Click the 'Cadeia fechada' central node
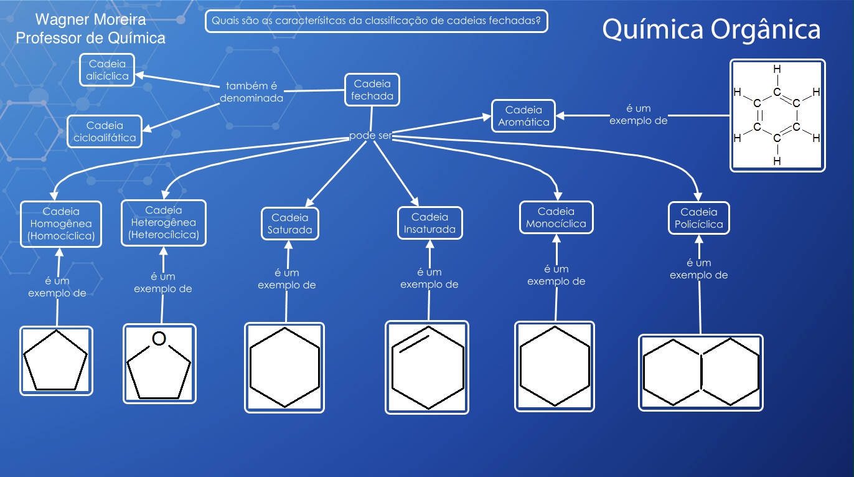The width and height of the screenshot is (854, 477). (372, 90)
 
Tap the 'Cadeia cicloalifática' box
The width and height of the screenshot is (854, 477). (105, 131)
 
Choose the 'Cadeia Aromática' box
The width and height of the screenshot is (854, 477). (523, 116)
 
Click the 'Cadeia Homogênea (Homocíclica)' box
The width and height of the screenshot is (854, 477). (61, 224)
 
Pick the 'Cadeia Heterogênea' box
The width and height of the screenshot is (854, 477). (163, 222)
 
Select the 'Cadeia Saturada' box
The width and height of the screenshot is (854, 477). (289, 224)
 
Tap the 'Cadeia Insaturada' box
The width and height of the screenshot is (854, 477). (429, 223)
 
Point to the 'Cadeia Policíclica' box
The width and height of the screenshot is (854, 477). (699, 218)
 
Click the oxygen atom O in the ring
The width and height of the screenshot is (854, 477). (159, 339)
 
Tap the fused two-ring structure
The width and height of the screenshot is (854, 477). (701, 372)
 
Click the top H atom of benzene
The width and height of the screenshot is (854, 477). (777, 69)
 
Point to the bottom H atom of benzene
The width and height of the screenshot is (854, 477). (777, 161)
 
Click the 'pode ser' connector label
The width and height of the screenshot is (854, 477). (370, 136)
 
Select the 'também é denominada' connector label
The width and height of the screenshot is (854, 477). (251, 92)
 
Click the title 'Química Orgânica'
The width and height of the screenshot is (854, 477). (711, 29)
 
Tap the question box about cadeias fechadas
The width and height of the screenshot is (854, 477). (377, 21)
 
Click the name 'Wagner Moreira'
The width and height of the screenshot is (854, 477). (91, 20)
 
